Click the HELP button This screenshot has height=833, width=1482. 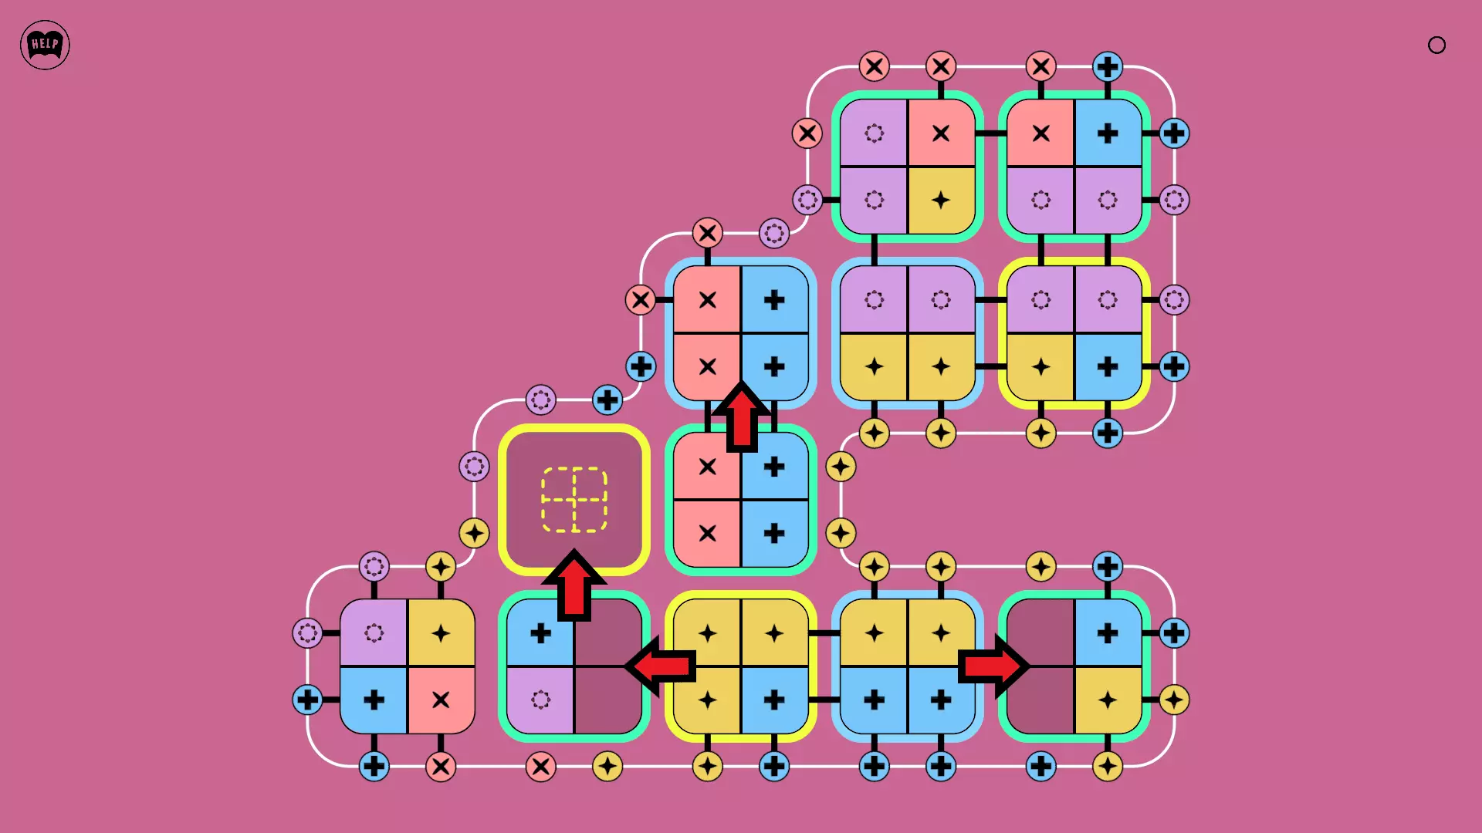point(45,45)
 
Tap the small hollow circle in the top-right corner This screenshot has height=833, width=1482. point(1436,45)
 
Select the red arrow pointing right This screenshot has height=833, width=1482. point(993,666)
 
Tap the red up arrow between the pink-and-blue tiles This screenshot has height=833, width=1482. point(741,416)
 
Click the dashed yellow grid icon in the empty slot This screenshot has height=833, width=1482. point(574,500)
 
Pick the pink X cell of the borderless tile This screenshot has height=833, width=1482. point(441,700)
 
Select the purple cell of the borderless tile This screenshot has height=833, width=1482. point(374,633)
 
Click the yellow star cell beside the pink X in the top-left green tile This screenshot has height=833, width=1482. point(941,201)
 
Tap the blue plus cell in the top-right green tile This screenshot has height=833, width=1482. point(1108,133)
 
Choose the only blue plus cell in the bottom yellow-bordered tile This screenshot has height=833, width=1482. point(774,700)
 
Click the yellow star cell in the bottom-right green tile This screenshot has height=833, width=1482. point(1108,700)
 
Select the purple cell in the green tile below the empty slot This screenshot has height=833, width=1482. point(540,700)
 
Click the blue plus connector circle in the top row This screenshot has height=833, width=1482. point(1108,66)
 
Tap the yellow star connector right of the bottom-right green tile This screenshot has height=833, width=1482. point(1174,700)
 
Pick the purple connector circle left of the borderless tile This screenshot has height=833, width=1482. point(307,633)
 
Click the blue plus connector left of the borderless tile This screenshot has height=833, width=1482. point(307,700)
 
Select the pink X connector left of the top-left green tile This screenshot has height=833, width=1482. point(807,133)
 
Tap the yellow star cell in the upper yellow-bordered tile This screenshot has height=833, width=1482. point(1040,367)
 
